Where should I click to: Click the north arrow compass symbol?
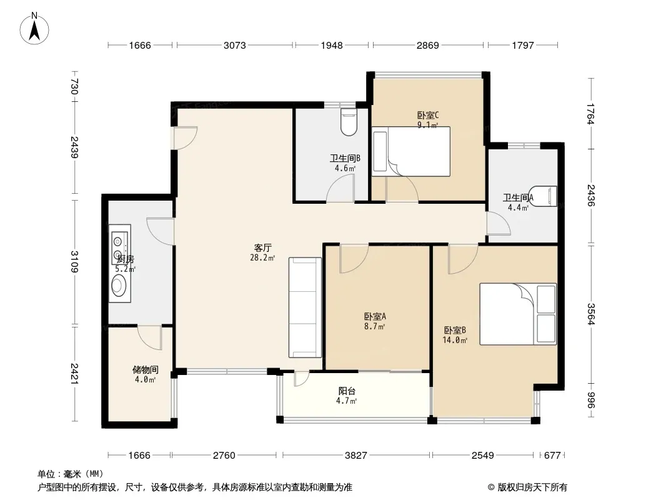[34, 29]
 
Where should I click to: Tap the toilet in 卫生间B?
[349, 122]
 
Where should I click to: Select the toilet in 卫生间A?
[543, 196]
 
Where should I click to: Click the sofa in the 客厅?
[305, 307]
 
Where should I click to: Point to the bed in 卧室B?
[518, 314]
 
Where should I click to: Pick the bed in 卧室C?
[410, 151]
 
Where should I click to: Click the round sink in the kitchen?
[119, 285]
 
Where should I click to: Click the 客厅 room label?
[262, 247]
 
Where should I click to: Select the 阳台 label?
[347, 391]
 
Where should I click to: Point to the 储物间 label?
[146, 369]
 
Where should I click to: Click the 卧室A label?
[375, 316]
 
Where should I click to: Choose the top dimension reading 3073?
[234, 45]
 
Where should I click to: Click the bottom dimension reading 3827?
[355, 456]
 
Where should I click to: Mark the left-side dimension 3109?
[74, 262]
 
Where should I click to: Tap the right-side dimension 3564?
[591, 314]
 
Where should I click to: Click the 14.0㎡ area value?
[455, 340]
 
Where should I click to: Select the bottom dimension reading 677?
[552, 456]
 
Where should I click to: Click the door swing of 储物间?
[149, 337]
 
